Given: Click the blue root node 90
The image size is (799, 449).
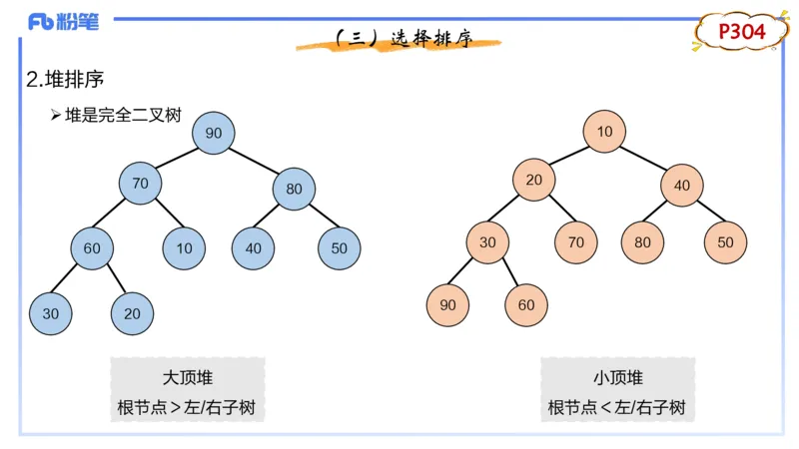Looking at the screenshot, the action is tap(214, 133).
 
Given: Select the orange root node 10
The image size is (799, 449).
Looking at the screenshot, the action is tap(604, 132).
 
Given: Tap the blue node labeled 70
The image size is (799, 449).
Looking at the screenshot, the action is tap(140, 184).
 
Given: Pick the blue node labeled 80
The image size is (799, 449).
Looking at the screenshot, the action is tap(294, 189).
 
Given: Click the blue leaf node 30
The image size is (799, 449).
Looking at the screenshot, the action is tap(51, 313).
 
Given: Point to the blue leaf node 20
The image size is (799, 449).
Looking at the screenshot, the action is tap(132, 313).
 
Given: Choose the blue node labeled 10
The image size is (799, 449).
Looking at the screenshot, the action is tap(184, 248).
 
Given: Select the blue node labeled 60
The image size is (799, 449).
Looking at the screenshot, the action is tap(92, 248).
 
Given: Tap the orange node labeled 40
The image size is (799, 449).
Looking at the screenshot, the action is tap(682, 186).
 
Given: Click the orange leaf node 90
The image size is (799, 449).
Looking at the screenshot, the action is tap(447, 305).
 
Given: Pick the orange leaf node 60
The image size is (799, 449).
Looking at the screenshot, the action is tap(526, 305).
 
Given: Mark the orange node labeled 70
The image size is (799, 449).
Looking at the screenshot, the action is tap(576, 242).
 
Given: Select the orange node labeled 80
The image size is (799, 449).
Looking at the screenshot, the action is tap(642, 242).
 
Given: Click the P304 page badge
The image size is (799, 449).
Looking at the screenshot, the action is tap(741, 32).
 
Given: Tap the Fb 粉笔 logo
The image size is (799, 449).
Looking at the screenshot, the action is tap(63, 22).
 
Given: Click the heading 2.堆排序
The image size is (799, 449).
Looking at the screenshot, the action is tap(65, 80).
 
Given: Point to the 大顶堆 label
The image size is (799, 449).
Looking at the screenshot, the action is tap(188, 378).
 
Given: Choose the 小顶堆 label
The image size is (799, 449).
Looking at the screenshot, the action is tap(617, 378).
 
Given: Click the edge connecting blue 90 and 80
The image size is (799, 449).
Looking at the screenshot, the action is tap(254, 161).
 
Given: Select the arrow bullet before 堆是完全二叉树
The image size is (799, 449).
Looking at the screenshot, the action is tap(56, 115).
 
